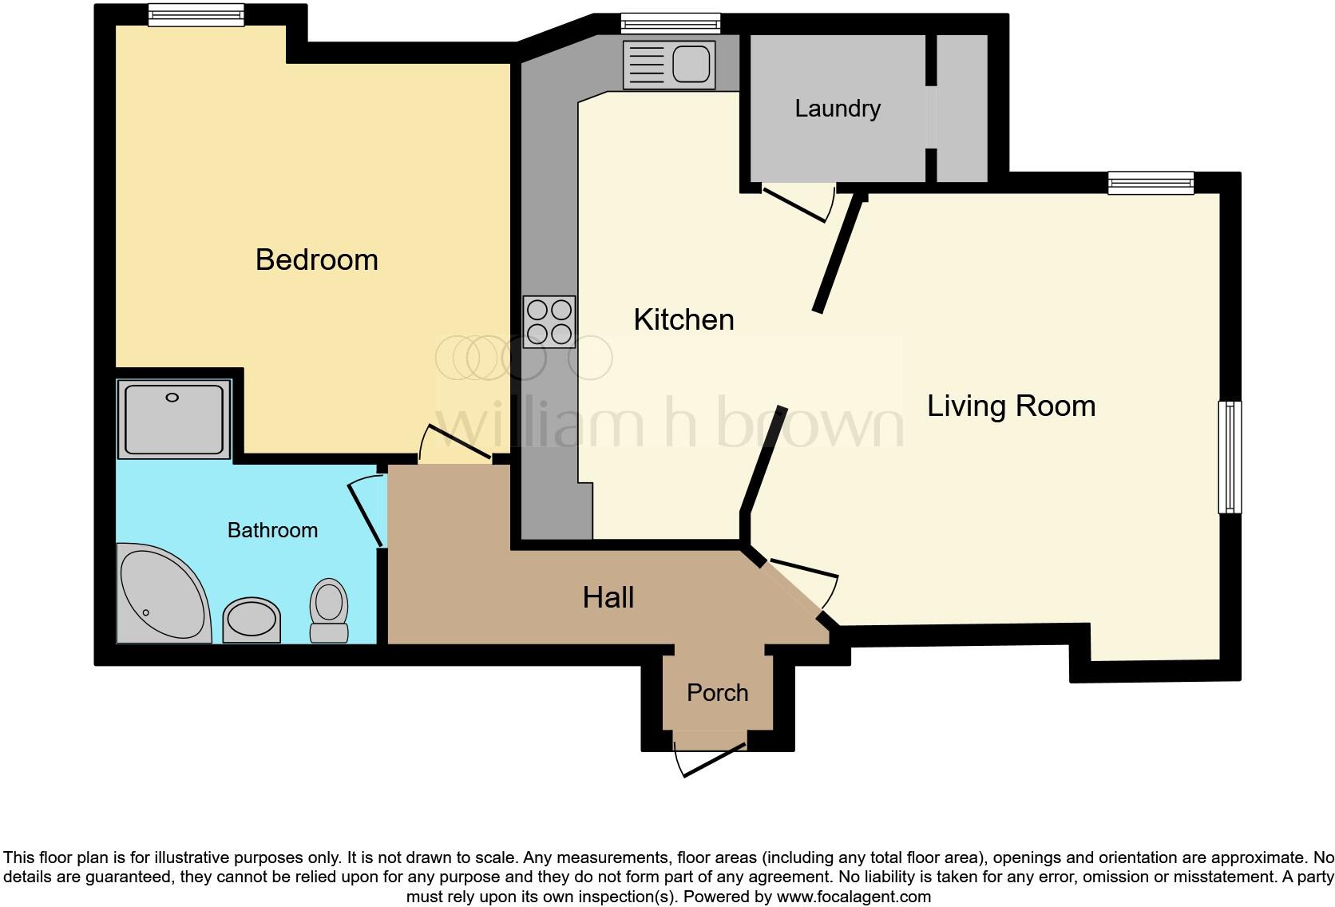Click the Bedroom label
[316, 260]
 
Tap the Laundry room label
[837, 109]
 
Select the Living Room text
[1011, 406]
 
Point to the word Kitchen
[683, 320]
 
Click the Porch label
[717, 693]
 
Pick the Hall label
[608, 598]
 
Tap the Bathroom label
[272, 530]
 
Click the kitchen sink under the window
[669, 64]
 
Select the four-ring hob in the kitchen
[549, 322]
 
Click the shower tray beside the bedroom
[174, 418]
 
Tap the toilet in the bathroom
[328, 609]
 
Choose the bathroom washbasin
[252, 620]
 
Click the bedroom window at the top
[196, 14]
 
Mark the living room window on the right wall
[1230, 457]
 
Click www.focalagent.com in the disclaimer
[853, 897]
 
